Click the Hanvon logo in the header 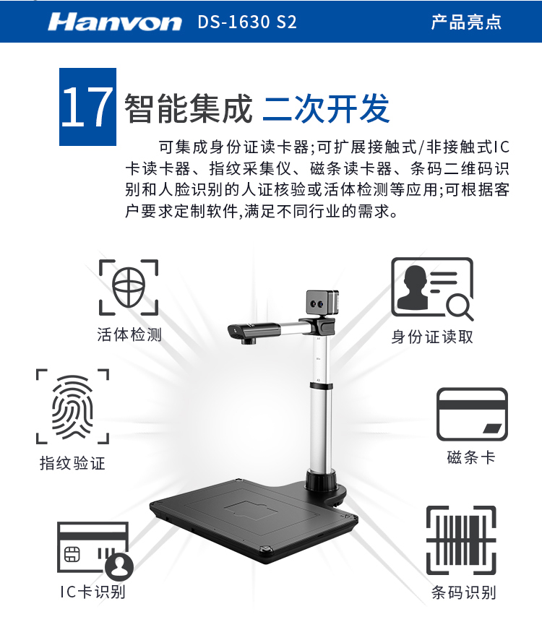(x=115, y=22)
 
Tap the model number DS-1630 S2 (x=247, y=22)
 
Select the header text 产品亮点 (x=466, y=22)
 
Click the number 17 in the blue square (x=87, y=107)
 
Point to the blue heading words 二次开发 (x=326, y=108)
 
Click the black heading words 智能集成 (x=189, y=108)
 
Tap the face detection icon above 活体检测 (x=129, y=288)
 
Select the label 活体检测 (x=129, y=334)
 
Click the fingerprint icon (x=72, y=407)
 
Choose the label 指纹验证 (x=72, y=463)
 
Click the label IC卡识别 (x=93, y=592)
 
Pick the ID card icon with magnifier (x=432, y=288)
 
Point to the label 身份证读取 (x=432, y=337)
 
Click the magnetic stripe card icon (x=472, y=414)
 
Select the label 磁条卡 (x=471, y=457)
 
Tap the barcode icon (x=462, y=540)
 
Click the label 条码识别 (x=464, y=592)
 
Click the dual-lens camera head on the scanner (x=322, y=303)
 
